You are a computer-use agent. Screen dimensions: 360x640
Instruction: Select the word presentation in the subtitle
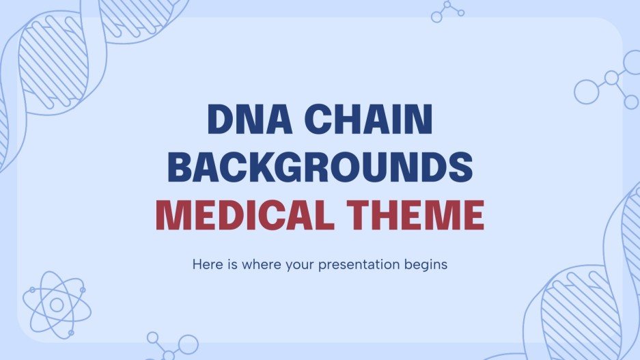click(x=367, y=264)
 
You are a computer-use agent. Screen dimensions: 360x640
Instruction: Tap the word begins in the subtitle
click(x=429, y=264)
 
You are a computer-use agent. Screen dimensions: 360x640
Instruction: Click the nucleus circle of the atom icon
click(x=57, y=304)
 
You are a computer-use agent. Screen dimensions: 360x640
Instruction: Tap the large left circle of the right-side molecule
click(x=586, y=91)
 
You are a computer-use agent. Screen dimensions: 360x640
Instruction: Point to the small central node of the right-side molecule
click(x=611, y=79)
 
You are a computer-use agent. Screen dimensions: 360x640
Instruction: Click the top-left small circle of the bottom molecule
click(x=153, y=337)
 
